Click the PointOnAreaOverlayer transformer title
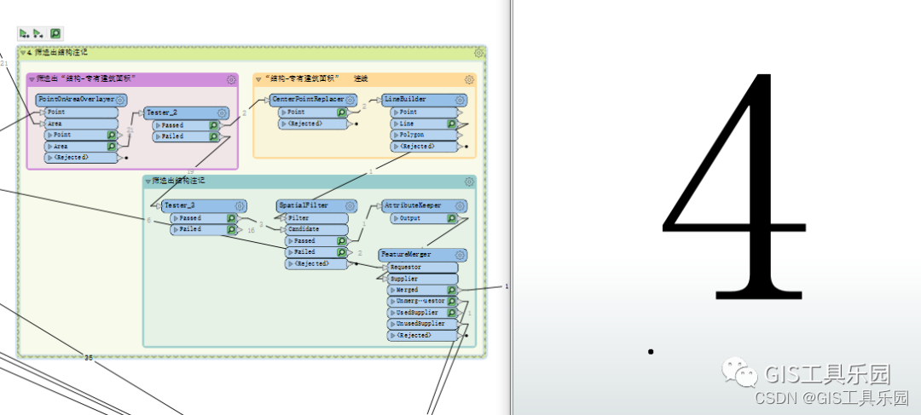pos(76,100)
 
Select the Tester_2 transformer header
pos(162,112)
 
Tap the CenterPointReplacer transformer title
pos(308,100)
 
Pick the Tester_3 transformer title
pos(180,205)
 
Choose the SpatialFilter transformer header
pos(304,205)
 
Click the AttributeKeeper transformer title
pos(413,205)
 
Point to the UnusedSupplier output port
pos(417,324)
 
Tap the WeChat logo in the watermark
pos(739,373)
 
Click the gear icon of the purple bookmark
pos(231,79)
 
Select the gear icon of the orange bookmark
pos(469,79)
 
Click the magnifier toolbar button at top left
pos(55,33)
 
